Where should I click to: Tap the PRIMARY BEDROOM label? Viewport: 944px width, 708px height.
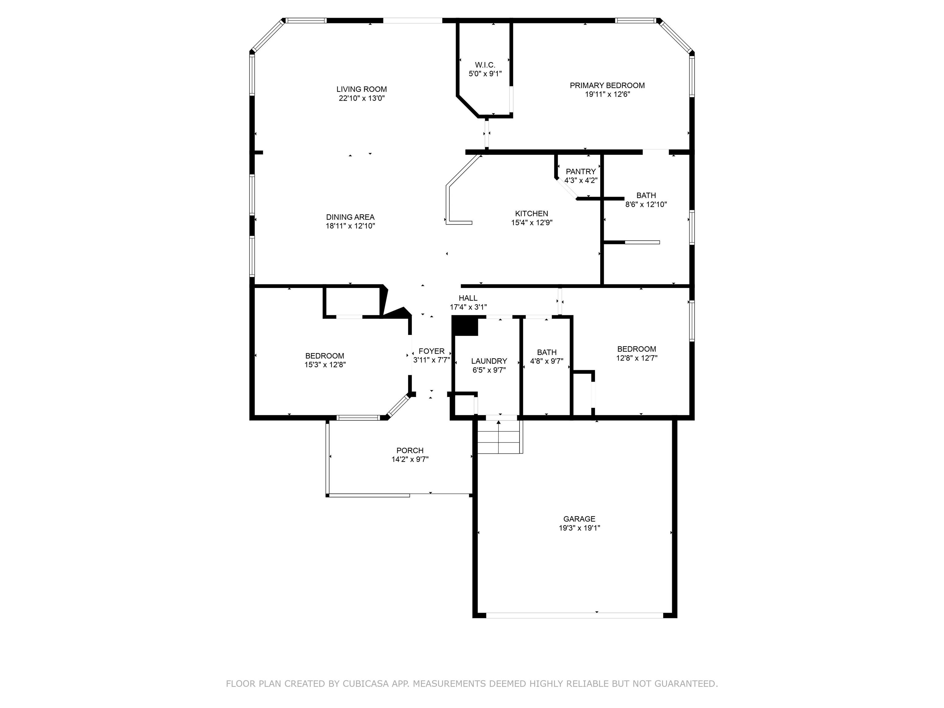tap(607, 85)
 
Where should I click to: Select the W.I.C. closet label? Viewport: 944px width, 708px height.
tap(485, 65)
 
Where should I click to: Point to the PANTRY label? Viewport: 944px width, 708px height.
tap(580, 171)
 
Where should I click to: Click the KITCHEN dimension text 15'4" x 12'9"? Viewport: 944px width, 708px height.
tap(532, 222)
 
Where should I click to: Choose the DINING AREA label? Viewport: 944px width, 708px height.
tap(350, 217)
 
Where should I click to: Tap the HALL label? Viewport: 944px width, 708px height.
tap(468, 298)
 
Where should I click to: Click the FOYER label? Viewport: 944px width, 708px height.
tap(431, 351)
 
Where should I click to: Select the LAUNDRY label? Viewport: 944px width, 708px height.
tap(489, 361)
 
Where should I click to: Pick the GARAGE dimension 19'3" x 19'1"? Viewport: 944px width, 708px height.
tap(580, 528)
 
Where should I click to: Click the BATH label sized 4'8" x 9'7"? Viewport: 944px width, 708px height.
tap(547, 352)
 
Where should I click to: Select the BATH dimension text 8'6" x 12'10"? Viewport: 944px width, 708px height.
tap(646, 204)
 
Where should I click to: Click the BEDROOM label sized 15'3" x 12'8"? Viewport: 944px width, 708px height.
tap(325, 356)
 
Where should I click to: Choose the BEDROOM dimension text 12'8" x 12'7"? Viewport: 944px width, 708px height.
tap(637, 358)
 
